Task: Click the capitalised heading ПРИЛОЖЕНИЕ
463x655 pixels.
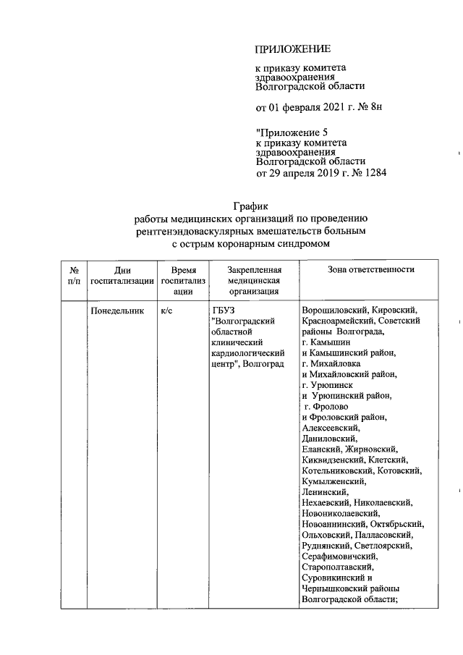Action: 292,49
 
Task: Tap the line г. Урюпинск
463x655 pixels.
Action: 328,385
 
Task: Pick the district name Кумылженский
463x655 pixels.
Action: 335,481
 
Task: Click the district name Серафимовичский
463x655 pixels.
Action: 339,557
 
